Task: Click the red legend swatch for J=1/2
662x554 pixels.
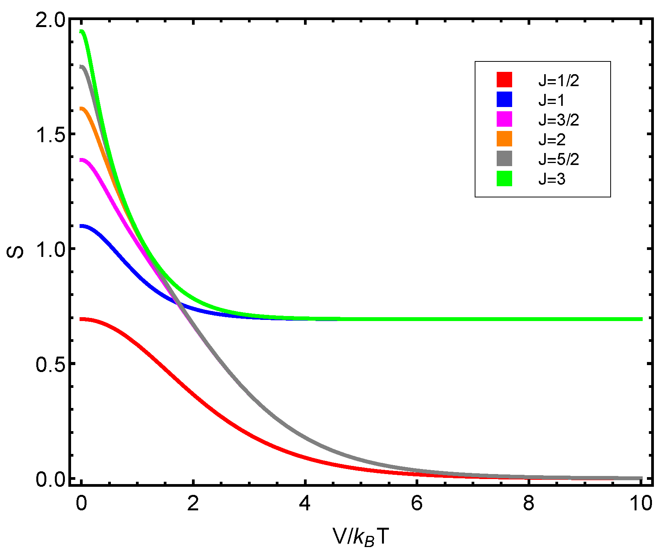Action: point(504,80)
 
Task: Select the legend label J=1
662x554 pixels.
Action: point(552,100)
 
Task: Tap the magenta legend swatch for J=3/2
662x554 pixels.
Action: point(504,119)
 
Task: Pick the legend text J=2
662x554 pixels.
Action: point(552,139)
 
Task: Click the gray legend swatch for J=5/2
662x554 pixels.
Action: point(504,158)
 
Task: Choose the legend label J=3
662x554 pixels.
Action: point(552,179)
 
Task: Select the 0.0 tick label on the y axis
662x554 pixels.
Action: point(50,479)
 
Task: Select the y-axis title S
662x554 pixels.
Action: point(15,252)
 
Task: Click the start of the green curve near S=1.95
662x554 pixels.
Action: point(81,32)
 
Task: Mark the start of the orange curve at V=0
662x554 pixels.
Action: point(81,109)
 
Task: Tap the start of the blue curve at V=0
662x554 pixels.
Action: point(81,226)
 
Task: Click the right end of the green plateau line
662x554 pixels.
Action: point(641,319)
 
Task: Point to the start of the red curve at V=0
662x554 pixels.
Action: point(81,319)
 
